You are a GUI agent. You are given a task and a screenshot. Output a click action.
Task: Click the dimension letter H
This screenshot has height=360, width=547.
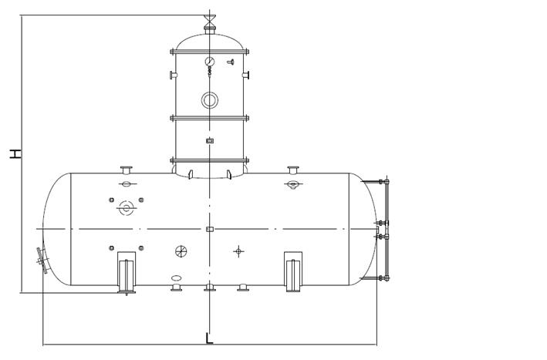pos(15,153)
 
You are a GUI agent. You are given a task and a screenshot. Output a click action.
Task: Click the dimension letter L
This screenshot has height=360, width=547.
pos(209,338)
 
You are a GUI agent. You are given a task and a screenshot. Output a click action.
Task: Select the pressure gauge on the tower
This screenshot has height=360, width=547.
pos(209,61)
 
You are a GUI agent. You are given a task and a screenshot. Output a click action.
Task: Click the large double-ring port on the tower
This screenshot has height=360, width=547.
pos(209,99)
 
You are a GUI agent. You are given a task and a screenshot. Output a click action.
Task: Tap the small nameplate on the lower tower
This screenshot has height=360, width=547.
pos(209,140)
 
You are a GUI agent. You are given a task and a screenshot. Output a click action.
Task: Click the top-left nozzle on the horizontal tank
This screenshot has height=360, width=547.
pos(127,170)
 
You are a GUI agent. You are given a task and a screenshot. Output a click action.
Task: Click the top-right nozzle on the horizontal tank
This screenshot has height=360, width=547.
pos(293,170)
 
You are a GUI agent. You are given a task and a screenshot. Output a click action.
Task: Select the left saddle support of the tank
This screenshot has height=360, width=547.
pos(127,273)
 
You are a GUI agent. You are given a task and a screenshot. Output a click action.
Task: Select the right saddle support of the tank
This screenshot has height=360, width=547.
pos(293,273)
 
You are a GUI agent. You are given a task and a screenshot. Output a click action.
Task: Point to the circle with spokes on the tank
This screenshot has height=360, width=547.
pos(181,251)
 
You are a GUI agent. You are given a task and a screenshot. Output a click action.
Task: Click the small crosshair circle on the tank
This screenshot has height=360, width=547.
pos(238,251)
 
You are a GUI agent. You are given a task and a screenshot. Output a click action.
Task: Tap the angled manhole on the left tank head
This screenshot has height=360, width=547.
pos(42,260)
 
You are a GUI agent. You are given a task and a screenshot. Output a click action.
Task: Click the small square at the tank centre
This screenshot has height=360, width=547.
pos(209,229)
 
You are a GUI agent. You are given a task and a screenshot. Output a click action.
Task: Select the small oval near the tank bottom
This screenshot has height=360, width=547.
pos(177,278)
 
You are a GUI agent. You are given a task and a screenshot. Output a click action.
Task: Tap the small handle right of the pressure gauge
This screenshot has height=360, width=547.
pos(230,61)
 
